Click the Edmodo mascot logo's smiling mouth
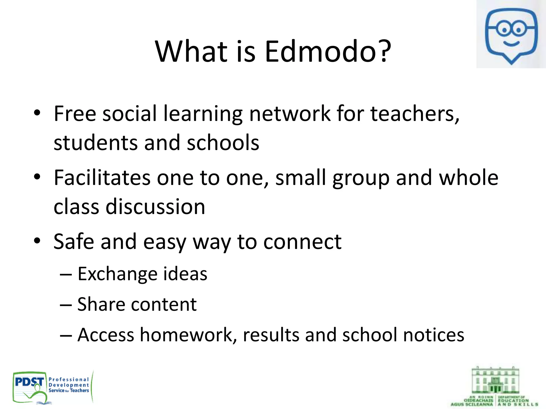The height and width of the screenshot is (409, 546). coord(511,43)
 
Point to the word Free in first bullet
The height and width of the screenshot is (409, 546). coord(75,114)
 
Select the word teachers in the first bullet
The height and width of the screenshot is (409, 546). coord(415,114)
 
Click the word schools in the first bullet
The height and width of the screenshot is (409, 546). coord(223,143)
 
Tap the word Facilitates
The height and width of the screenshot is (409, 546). coord(102,178)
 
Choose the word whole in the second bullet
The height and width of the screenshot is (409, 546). coord(468,178)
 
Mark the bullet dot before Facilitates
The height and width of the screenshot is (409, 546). coord(37,177)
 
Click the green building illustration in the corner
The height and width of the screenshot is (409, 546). coord(495,380)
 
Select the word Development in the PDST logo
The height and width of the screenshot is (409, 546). coord(69,385)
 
